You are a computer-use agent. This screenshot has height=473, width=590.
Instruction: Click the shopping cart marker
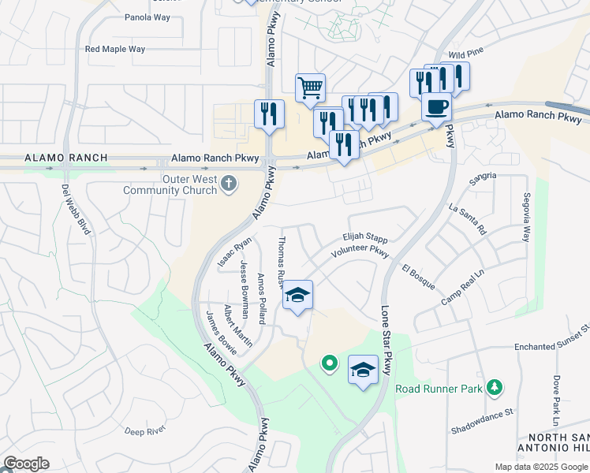point(311,88)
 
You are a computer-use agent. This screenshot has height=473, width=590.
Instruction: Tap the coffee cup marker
point(436,106)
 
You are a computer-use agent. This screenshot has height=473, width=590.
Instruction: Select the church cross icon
point(229,184)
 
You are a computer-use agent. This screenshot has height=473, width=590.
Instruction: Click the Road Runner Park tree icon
point(495,387)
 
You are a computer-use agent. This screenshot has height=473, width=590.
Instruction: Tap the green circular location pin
point(330,363)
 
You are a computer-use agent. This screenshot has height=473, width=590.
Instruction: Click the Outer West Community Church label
point(170,184)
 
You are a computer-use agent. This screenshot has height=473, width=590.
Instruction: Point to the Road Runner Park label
point(439,389)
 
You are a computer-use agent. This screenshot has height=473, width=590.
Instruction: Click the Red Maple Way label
point(115,49)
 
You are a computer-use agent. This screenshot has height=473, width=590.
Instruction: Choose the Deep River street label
point(144,430)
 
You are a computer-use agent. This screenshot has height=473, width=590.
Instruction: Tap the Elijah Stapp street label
point(364,236)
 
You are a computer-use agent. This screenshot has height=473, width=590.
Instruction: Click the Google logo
point(26,464)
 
